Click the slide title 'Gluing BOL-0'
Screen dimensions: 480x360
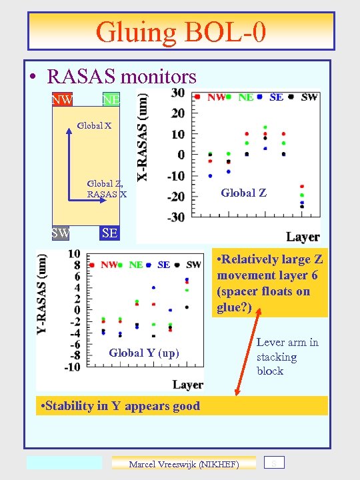pyautogui.click(x=181, y=32)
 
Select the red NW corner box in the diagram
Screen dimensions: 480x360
pyautogui.click(x=62, y=100)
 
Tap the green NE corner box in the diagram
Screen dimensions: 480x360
pyautogui.click(x=111, y=100)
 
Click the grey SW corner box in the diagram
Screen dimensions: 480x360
pyautogui.click(x=61, y=233)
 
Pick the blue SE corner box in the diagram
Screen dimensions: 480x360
pyautogui.click(x=109, y=233)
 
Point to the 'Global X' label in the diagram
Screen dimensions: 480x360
pyautogui.click(x=94, y=125)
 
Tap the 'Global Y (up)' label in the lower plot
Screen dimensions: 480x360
pyautogui.click(x=144, y=353)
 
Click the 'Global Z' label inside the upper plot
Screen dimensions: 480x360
pyautogui.click(x=243, y=193)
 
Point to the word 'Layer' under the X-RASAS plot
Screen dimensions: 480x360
pyautogui.click(x=303, y=237)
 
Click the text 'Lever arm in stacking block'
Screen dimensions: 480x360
pyautogui.click(x=287, y=357)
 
